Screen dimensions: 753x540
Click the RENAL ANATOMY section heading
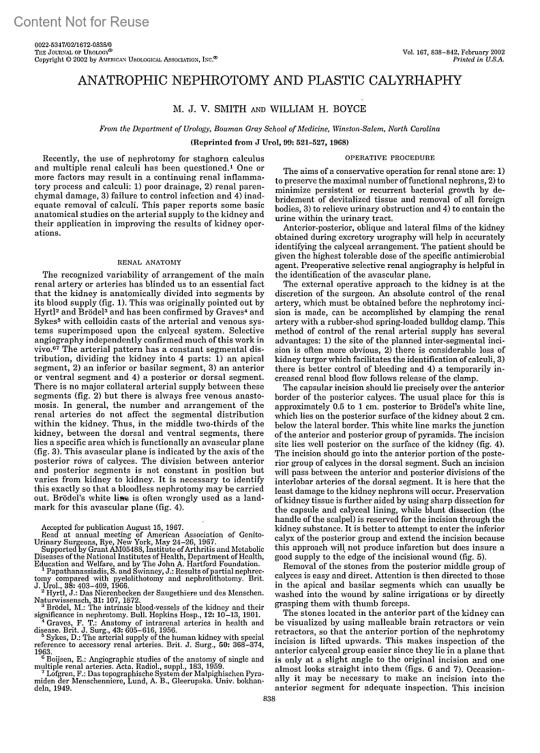[x=149, y=262]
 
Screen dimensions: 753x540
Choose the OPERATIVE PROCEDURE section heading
[x=390, y=158]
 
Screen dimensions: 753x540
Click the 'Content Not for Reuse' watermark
[x=81, y=22]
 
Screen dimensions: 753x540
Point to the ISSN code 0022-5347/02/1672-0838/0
[x=73, y=45]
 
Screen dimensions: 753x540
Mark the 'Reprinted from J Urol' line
[x=270, y=142]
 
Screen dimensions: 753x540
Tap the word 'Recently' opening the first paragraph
[x=58, y=158]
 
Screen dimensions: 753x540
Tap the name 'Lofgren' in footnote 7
[x=53, y=666]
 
